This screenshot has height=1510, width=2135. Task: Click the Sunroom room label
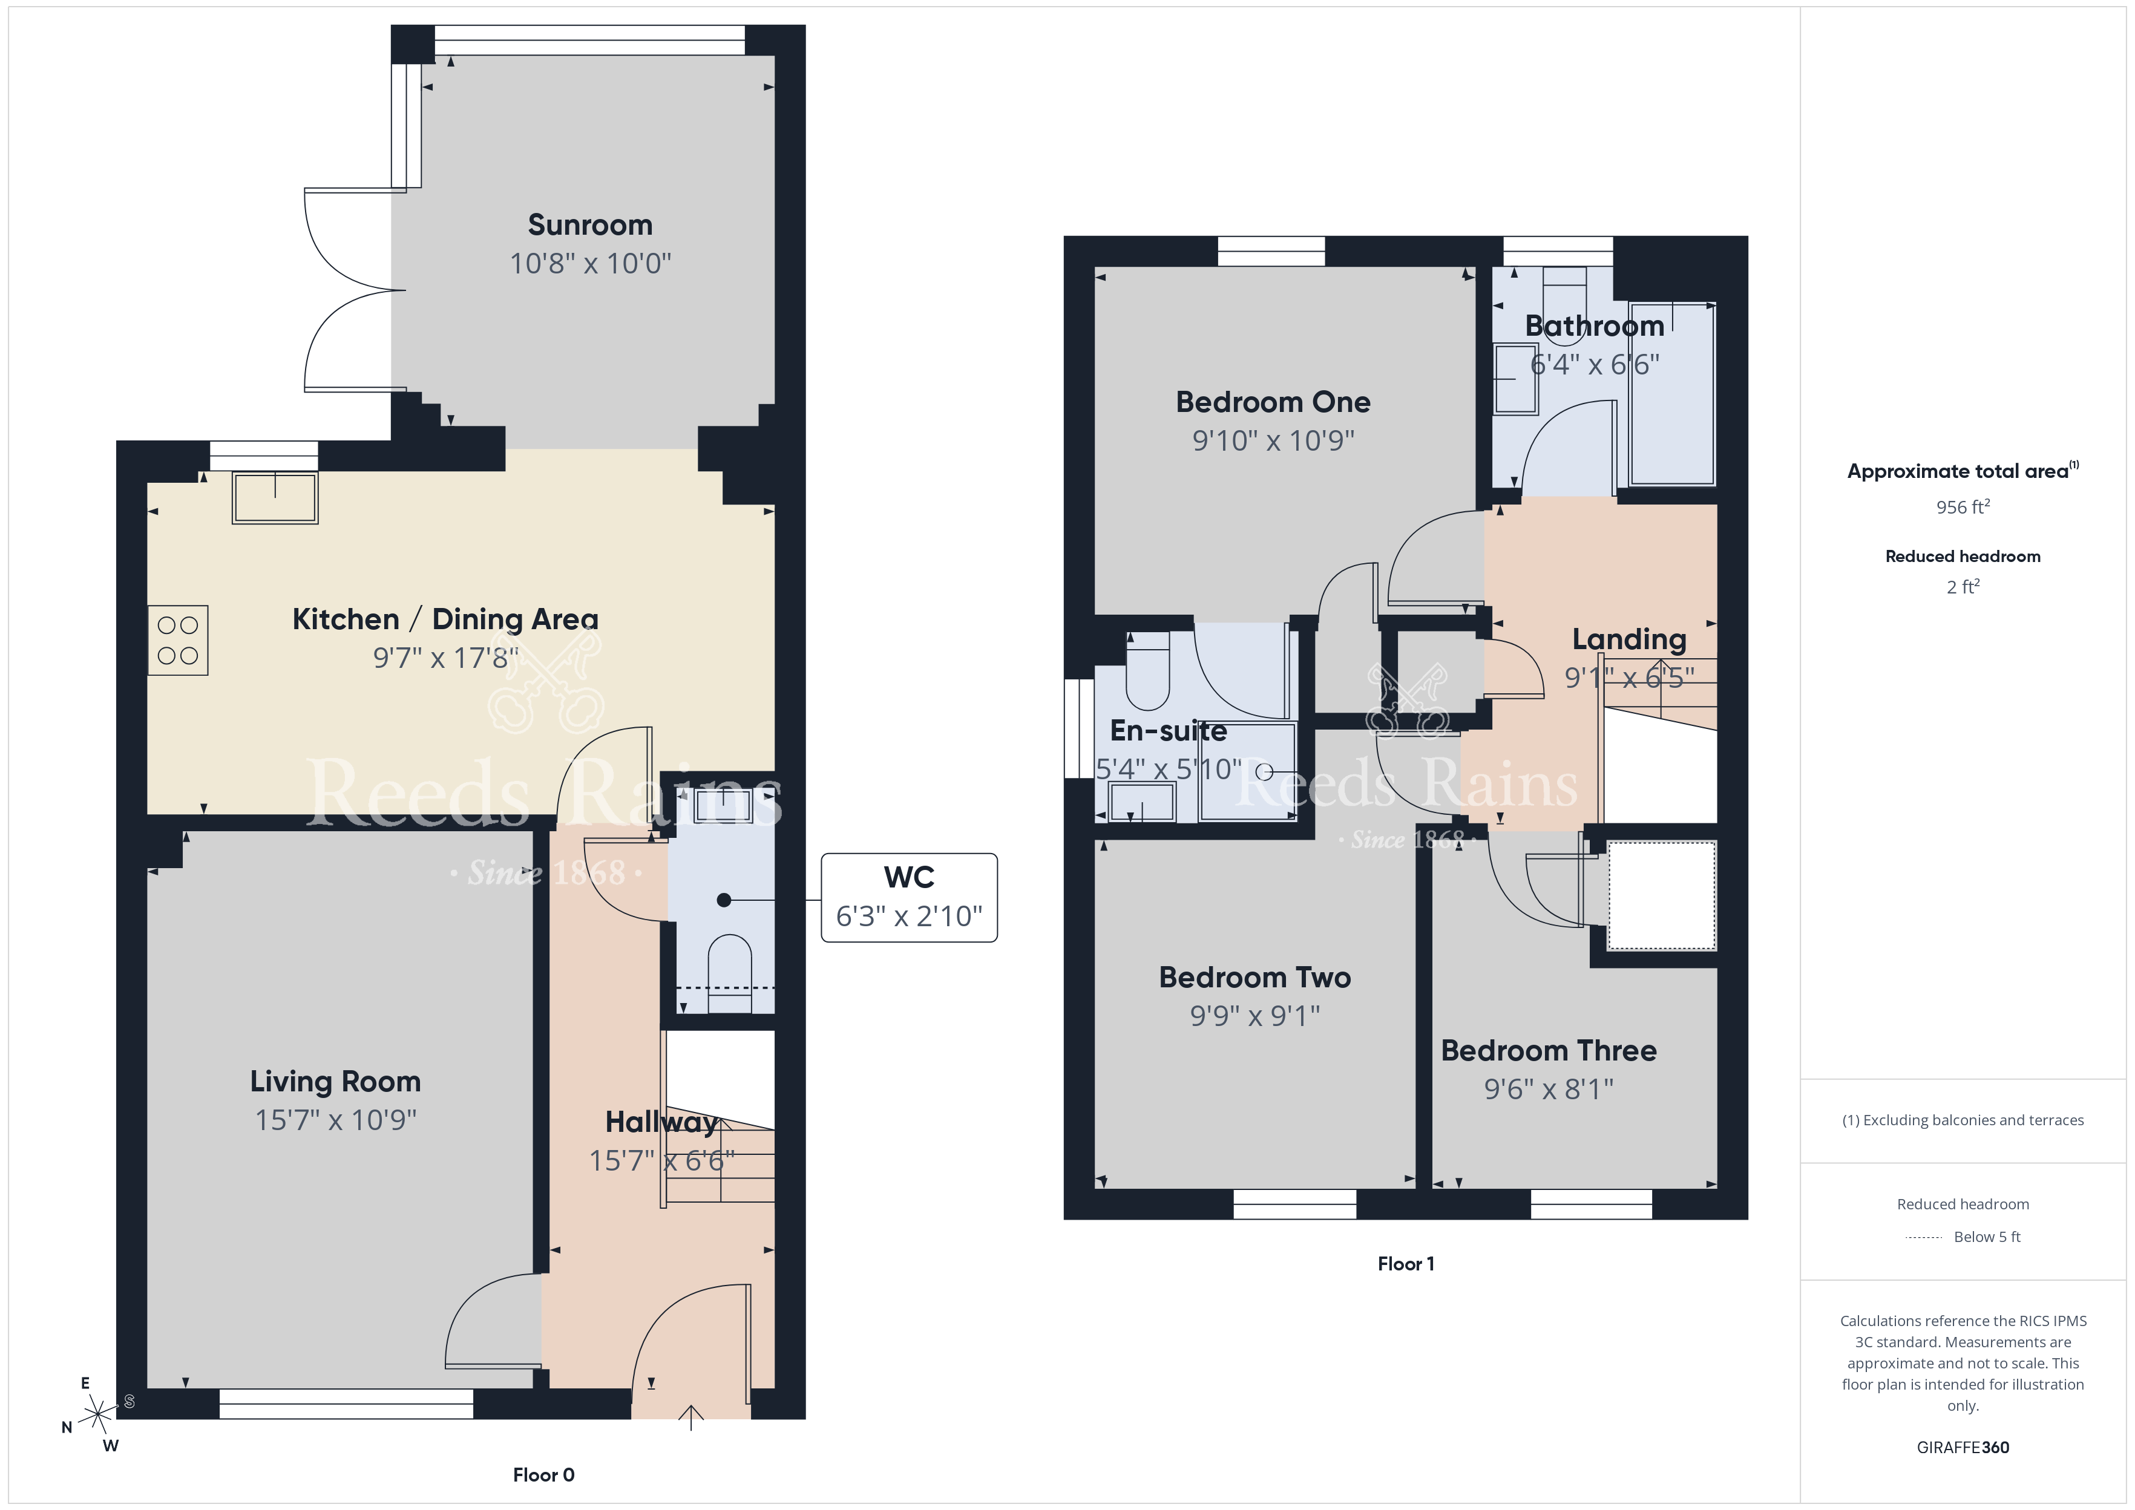[591, 225]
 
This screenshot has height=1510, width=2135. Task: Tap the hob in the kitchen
[177, 641]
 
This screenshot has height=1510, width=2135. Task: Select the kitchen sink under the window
[275, 498]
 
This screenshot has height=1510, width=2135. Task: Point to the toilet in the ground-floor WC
[730, 973]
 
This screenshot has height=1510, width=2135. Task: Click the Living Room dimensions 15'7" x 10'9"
[336, 1120]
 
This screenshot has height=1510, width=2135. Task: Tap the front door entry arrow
[691, 1417]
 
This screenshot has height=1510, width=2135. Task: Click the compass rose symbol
[97, 1415]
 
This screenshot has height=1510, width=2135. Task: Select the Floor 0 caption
[544, 1475]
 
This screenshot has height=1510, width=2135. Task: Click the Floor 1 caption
[1406, 1264]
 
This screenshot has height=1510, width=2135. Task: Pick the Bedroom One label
[1273, 402]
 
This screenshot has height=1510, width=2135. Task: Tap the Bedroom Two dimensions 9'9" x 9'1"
[1255, 1016]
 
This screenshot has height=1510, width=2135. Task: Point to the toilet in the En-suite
[1147, 672]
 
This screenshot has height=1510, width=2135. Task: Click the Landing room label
[1629, 639]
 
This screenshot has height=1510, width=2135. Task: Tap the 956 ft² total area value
[1963, 507]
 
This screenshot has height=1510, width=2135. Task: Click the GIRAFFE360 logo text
[1963, 1448]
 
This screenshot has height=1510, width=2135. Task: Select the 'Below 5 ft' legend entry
[1963, 1237]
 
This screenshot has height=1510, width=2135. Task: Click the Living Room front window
[346, 1404]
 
